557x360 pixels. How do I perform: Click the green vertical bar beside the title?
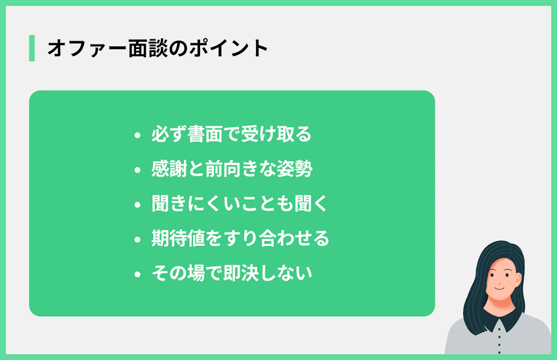pos(32,48)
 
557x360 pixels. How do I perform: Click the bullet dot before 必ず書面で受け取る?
pos(137,136)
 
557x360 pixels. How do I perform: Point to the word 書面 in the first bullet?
pos(205,135)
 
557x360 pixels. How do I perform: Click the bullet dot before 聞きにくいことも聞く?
pos(137,205)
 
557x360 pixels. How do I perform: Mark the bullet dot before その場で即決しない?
pos(137,275)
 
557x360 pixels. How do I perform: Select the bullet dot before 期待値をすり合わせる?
pos(137,240)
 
